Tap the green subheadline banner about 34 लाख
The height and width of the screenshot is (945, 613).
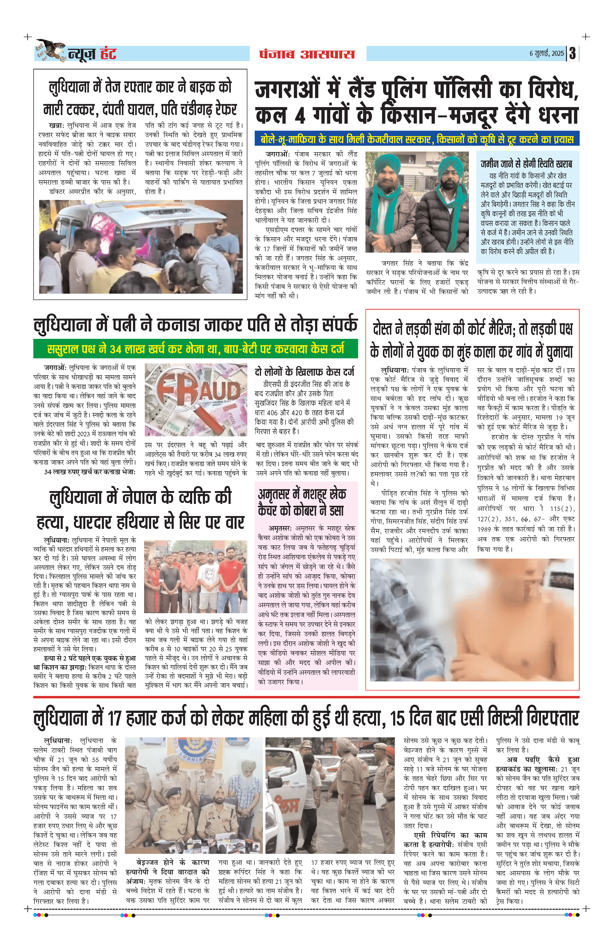point(196,349)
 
